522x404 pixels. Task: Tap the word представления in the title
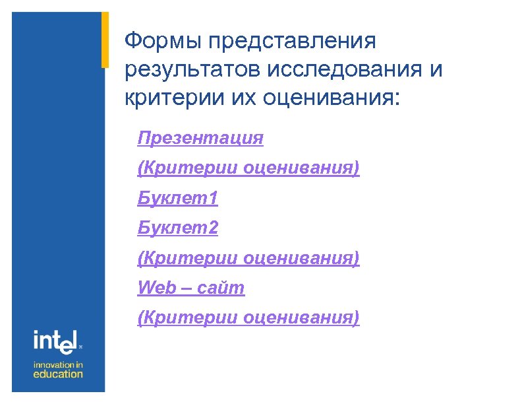292,42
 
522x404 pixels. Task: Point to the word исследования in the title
343,70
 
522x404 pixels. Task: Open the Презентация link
200,138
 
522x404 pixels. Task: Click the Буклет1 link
178,197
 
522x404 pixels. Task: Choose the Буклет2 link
178,228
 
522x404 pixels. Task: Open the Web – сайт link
191,288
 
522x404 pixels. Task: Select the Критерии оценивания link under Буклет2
248,258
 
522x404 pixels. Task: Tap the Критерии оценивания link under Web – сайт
248,318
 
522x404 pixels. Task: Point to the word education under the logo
59,374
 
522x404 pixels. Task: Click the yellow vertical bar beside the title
104,40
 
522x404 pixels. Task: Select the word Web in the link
156,288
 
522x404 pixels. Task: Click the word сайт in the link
225,288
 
